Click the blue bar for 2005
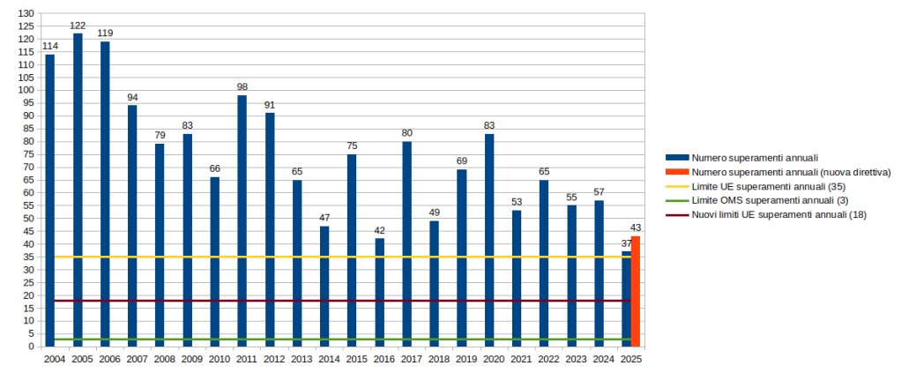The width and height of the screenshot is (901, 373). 78,190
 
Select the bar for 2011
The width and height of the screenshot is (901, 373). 242,220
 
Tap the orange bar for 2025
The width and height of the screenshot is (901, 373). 636,291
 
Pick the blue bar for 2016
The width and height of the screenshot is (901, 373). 379,292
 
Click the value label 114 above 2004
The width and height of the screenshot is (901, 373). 50,47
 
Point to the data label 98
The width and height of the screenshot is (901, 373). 242,87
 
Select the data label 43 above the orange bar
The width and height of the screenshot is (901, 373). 636,228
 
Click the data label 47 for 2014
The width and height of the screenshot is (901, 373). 324,218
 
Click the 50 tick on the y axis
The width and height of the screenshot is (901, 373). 26,219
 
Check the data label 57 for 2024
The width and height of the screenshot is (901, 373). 599,192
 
